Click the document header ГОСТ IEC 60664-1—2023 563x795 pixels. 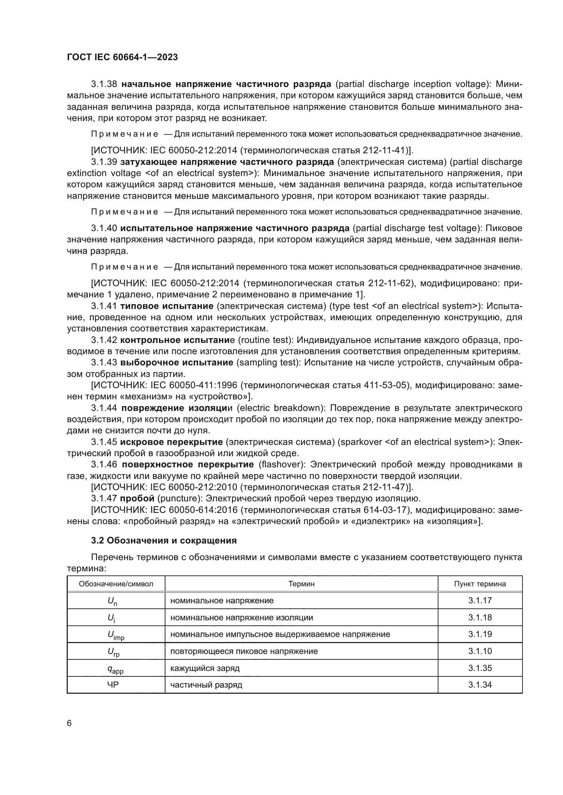click(122, 57)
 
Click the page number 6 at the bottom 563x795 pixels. click(69, 723)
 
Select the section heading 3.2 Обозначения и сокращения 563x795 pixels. click(164, 540)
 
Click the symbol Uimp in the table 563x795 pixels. click(116, 635)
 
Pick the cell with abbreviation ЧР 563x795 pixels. click(113, 685)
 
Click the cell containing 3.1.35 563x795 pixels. click(480, 668)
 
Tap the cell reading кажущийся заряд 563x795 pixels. click(205, 668)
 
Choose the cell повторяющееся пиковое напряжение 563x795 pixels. click(244, 651)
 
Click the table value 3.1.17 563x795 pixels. click(480, 600)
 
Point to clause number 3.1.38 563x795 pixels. click(104, 84)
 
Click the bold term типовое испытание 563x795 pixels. click(167, 306)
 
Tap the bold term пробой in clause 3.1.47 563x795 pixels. click(137, 498)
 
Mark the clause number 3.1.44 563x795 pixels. click(104, 408)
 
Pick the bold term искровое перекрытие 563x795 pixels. click(171, 442)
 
